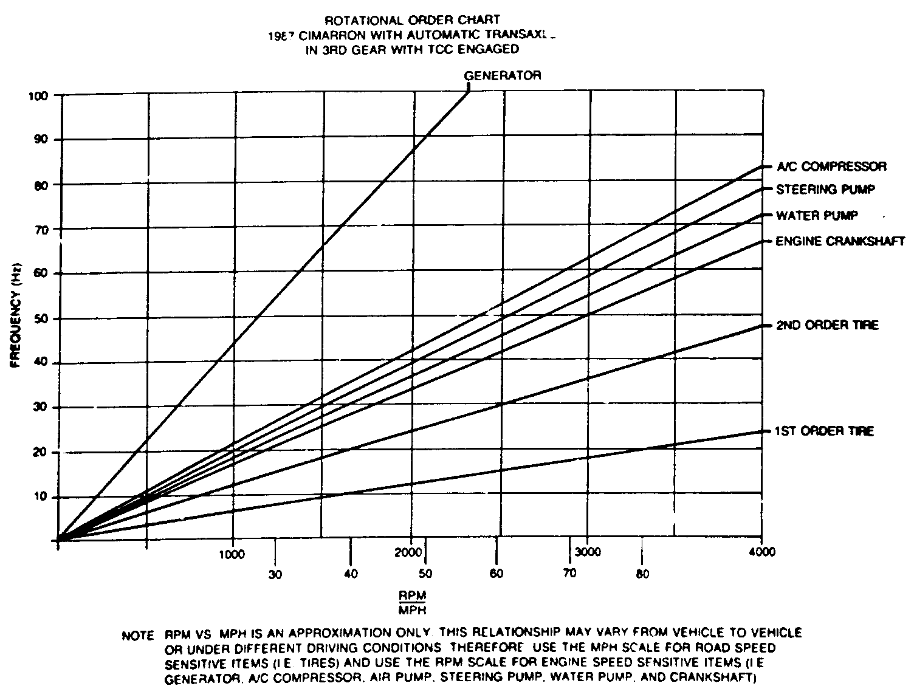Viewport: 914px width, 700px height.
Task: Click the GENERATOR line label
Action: [x=502, y=75]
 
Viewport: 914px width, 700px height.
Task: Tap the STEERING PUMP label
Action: [x=825, y=190]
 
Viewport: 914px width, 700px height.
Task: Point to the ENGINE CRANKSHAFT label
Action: [x=840, y=241]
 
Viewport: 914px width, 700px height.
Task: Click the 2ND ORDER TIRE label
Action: [x=827, y=325]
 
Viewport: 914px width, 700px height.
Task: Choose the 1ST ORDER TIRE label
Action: [x=823, y=431]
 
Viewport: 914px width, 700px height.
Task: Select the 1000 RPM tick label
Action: [x=232, y=554]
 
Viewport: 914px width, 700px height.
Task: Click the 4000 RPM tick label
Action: [x=762, y=552]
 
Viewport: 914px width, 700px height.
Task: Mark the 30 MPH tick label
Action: [x=275, y=575]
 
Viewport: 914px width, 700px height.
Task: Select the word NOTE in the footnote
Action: [x=138, y=636]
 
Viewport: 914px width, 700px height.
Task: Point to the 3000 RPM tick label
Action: [x=588, y=552]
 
